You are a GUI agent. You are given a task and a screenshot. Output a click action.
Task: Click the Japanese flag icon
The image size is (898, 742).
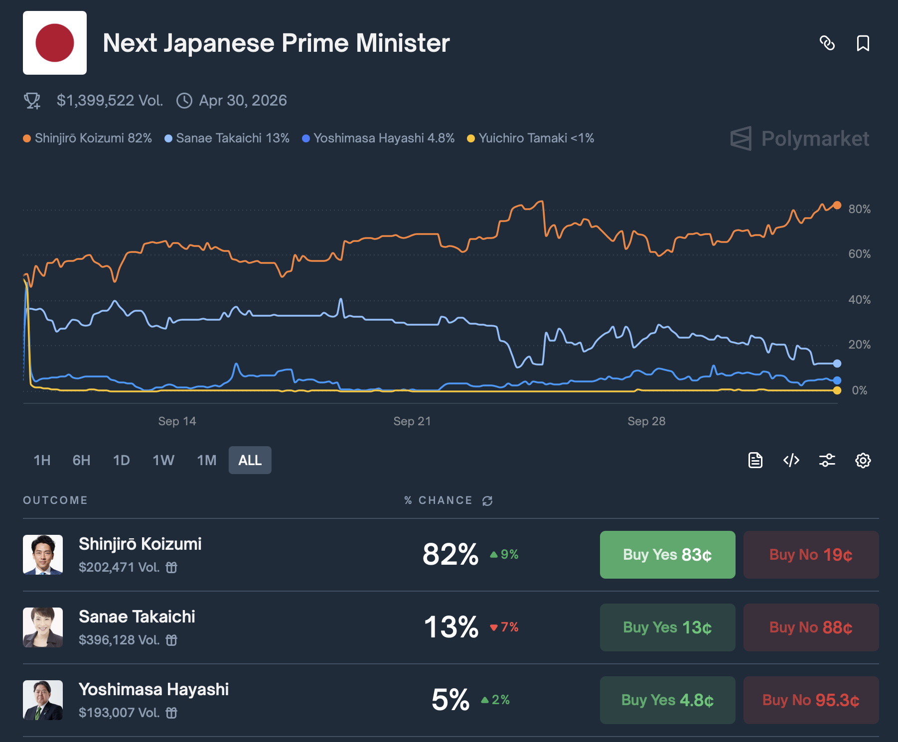click(x=55, y=43)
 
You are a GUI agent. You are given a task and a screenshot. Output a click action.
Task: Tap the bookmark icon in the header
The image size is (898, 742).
click(x=863, y=43)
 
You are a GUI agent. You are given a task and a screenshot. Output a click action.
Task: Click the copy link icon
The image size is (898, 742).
click(x=827, y=43)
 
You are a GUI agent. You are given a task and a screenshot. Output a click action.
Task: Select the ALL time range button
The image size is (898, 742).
click(x=250, y=460)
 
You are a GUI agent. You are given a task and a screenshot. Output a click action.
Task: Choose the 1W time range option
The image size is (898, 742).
click(x=163, y=460)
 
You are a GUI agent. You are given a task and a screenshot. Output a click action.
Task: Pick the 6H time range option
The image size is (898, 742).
click(x=81, y=460)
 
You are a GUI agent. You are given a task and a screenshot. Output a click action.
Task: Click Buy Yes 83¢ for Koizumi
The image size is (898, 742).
click(x=667, y=555)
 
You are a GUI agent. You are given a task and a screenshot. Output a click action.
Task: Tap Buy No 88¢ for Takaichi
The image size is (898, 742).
click(x=811, y=627)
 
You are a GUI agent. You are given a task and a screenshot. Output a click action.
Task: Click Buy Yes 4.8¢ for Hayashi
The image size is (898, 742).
click(x=667, y=700)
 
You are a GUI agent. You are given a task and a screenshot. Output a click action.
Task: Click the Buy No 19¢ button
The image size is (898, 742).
click(x=811, y=555)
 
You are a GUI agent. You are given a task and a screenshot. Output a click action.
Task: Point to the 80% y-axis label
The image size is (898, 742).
click(x=859, y=209)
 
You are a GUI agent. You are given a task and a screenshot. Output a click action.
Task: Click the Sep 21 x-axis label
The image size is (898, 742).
click(x=412, y=421)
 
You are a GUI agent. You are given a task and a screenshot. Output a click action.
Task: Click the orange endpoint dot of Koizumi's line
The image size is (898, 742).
click(x=837, y=205)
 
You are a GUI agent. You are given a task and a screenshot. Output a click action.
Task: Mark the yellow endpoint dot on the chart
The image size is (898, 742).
click(x=837, y=390)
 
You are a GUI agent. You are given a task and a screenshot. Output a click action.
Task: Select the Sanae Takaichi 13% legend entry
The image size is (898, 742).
click(x=227, y=138)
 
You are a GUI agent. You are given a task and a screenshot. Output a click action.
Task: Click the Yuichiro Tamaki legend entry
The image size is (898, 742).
click(x=531, y=138)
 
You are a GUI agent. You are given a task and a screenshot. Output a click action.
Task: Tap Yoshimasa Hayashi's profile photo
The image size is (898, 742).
click(x=43, y=700)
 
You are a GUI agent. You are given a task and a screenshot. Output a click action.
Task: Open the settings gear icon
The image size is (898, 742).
click(x=863, y=460)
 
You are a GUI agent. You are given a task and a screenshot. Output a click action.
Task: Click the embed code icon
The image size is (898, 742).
click(x=791, y=460)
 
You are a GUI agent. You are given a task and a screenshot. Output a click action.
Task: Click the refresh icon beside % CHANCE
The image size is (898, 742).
click(x=487, y=500)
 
